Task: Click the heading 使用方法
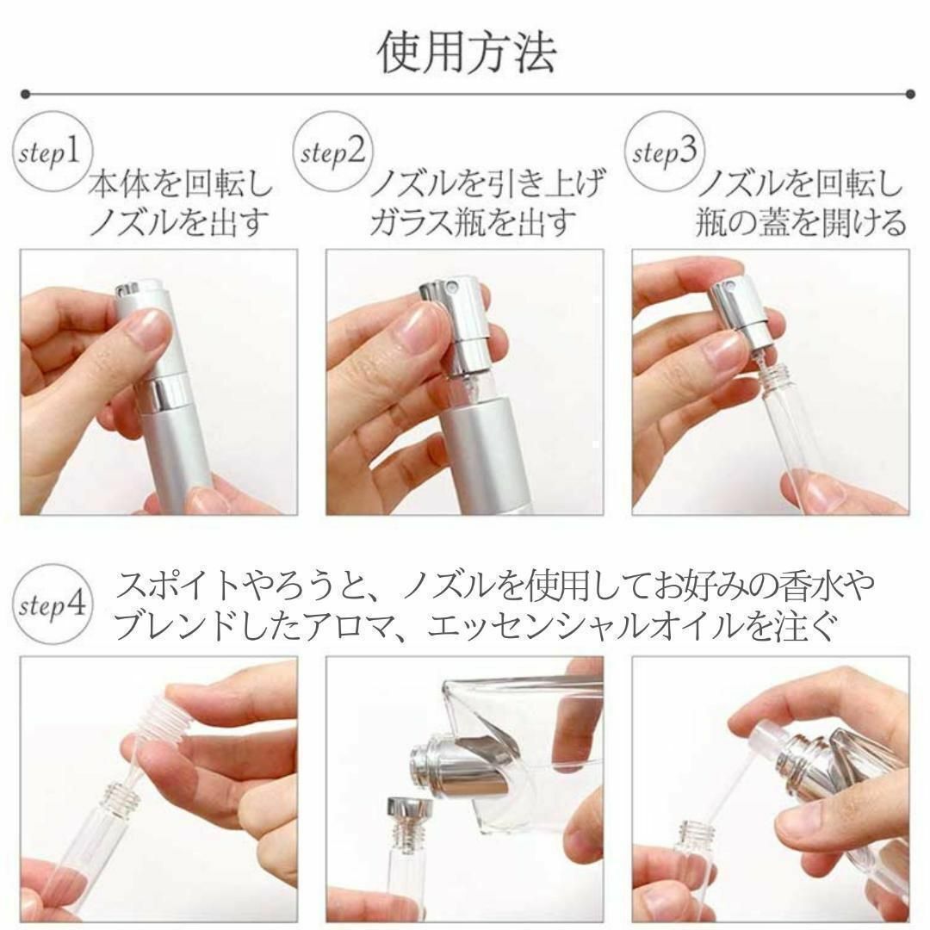467,53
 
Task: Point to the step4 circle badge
53,604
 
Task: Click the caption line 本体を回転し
181,183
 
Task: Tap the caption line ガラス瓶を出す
473,222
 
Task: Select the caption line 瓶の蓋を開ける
801,222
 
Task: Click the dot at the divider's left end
25,94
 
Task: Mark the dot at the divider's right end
910,94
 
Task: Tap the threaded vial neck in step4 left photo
123,797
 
